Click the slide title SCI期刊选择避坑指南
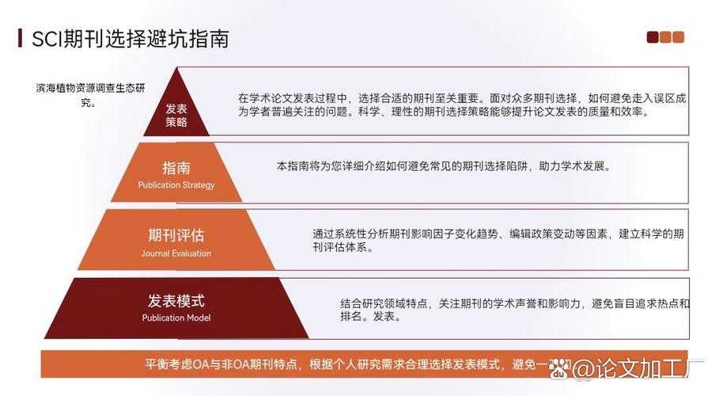tap(130, 39)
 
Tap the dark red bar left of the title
tap(20, 38)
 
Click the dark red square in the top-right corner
tap(653, 37)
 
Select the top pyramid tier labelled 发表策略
tap(176, 116)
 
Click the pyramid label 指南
tap(176, 168)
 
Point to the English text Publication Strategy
tap(176, 185)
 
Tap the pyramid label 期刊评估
tap(176, 235)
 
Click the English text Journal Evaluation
tap(176, 253)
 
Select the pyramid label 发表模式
tap(176, 301)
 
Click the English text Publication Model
tap(176, 318)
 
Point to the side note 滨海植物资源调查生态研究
tap(90, 95)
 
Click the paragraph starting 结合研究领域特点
tap(514, 310)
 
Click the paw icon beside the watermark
tap(561, 367)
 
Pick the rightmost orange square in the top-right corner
tap(678, 37)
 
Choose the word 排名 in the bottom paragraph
tap(350, 317)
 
